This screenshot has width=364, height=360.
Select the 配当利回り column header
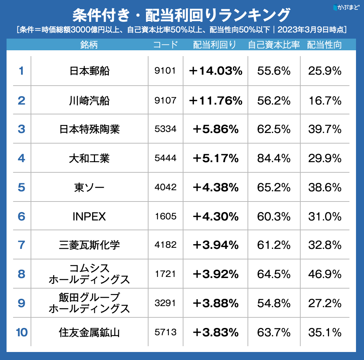click(x=214, y=45)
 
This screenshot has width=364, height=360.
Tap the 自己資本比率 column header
click(x=274, y=45)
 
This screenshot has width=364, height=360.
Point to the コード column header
click(x=166, y=45)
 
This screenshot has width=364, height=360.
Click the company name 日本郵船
click(x=89, y=71)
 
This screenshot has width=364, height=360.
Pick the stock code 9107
click(x=165, y=100)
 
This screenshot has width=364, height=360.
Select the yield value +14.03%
click(x=216, y=71)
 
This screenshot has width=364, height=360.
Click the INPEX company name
click(x=89, y=217)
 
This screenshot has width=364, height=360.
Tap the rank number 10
click(x=21, y=332)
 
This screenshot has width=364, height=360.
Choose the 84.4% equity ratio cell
click(x=274, y=159)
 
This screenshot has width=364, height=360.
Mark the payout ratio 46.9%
click(x=325, y=274)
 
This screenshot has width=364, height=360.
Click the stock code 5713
click(x=165, y=332)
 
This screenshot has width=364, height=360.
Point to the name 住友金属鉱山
click(x=89, y=332)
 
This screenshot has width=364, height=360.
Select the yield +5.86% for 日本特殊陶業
click(x=216, y=129)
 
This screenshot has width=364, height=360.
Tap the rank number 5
click(x=21, y=188)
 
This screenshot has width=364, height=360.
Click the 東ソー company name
click(x=89, y=188)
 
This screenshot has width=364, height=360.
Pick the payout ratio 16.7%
click(x=325, y=100)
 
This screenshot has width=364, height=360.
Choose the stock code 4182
click(x=165, y=245)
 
